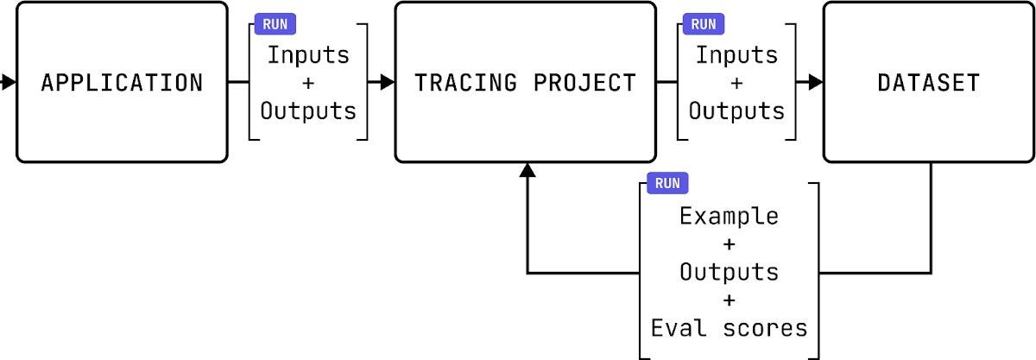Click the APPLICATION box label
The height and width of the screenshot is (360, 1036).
click(122, 83)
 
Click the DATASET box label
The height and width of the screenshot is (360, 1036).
click(928, 83)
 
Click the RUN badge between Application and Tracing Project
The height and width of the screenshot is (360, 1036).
click(275, 25)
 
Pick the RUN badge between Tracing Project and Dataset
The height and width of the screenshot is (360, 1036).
click(704, 25)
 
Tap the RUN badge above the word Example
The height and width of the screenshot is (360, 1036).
click(667, 183)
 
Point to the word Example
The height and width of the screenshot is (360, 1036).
click(729, 216)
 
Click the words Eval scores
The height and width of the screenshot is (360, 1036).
click(729, 328)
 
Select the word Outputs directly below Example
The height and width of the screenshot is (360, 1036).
click(729, 272)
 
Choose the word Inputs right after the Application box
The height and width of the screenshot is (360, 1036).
click(308, 55)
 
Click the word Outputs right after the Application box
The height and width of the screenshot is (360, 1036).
click(308, 111)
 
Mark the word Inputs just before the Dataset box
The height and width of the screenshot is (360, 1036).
click(736, 55)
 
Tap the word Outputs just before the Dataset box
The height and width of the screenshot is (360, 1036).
click(736, 111)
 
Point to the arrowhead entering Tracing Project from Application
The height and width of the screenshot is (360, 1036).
click(387, 83)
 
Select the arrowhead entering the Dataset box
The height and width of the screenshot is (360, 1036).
click(815, 83)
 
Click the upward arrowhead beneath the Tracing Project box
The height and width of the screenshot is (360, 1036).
click(527, 171)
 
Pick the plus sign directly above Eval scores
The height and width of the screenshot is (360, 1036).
click(729, 300)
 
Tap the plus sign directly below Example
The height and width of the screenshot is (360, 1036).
click(729, 244)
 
